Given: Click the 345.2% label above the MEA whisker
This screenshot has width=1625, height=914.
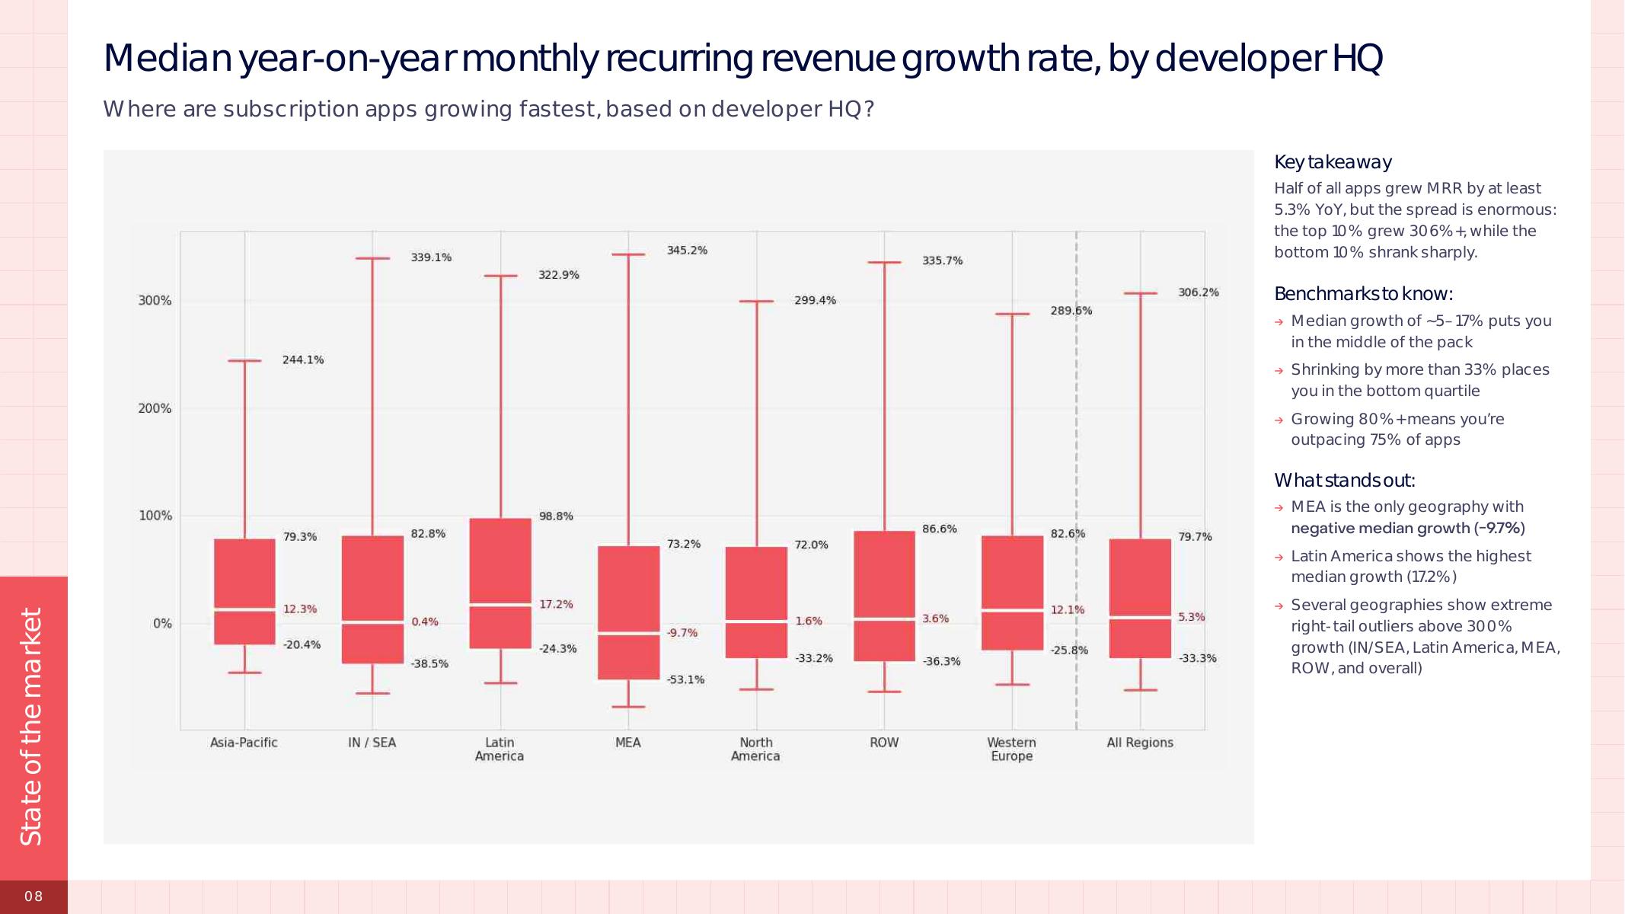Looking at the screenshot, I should click(x=687, y=251).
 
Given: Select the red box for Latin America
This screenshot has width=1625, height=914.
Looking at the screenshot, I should click(x=500, y=583).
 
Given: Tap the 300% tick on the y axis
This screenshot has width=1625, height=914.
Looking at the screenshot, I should click(x=155, y=301).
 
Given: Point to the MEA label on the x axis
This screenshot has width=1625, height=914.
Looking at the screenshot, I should click(x=628, y=743).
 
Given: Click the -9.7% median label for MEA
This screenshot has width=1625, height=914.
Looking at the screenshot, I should click(x=682, y=633).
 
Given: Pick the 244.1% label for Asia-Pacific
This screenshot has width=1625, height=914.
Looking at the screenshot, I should click(x=303, y=360).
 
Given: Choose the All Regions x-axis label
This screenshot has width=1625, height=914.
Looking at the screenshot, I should click(x=1140, y=743).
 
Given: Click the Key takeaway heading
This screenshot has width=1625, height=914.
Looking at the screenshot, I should click(x=1333, y=162).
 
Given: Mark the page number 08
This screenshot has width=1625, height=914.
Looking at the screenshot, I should click(x=34, y=896).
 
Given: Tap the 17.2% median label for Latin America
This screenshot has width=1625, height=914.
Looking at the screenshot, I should click(x=556, y=605).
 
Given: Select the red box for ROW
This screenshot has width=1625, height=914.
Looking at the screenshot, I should click(x=884, y=596).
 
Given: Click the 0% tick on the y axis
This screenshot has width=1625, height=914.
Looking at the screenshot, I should click(x=162, y=624).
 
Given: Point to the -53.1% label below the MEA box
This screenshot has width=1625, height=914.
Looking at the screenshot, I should click(x=685, y=680).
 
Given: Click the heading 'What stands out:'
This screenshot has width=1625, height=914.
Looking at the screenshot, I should click(x=1344, y=481).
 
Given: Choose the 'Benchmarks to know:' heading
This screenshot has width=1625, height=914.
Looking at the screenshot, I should click(x=1363, y=294).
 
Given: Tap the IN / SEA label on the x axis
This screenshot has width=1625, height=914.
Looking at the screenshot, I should click(x=372, y=743).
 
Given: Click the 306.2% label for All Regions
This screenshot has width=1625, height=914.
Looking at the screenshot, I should click(x=1198, y=292).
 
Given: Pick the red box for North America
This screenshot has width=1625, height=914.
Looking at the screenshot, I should click(x=756, y=602).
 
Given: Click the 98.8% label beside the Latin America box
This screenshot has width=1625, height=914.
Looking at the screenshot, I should click(x=556, y=516).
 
